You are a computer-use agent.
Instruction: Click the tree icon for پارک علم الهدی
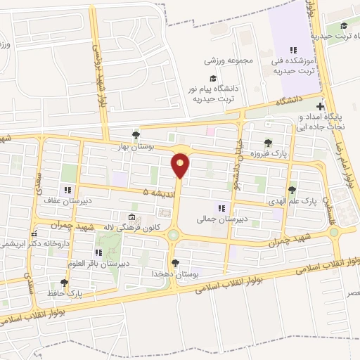click(x=292, y=189)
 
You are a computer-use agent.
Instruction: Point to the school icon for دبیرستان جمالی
click(x=222, y=207)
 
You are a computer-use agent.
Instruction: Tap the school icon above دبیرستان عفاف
click(x=67, y=190)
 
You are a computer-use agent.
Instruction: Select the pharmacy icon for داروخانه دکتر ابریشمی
click(x=32, y=234)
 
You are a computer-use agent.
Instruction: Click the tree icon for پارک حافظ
click(x=65, y=283)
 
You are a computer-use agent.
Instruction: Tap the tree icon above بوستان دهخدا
click(x=175, y=262)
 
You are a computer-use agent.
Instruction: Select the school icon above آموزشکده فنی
click(x=293, y=51)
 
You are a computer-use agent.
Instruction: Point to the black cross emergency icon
click(x=320, y=105)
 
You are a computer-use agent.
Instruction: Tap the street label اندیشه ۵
click(x=156, y=191)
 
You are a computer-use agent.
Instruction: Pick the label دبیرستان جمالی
click(x=222, y=218)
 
